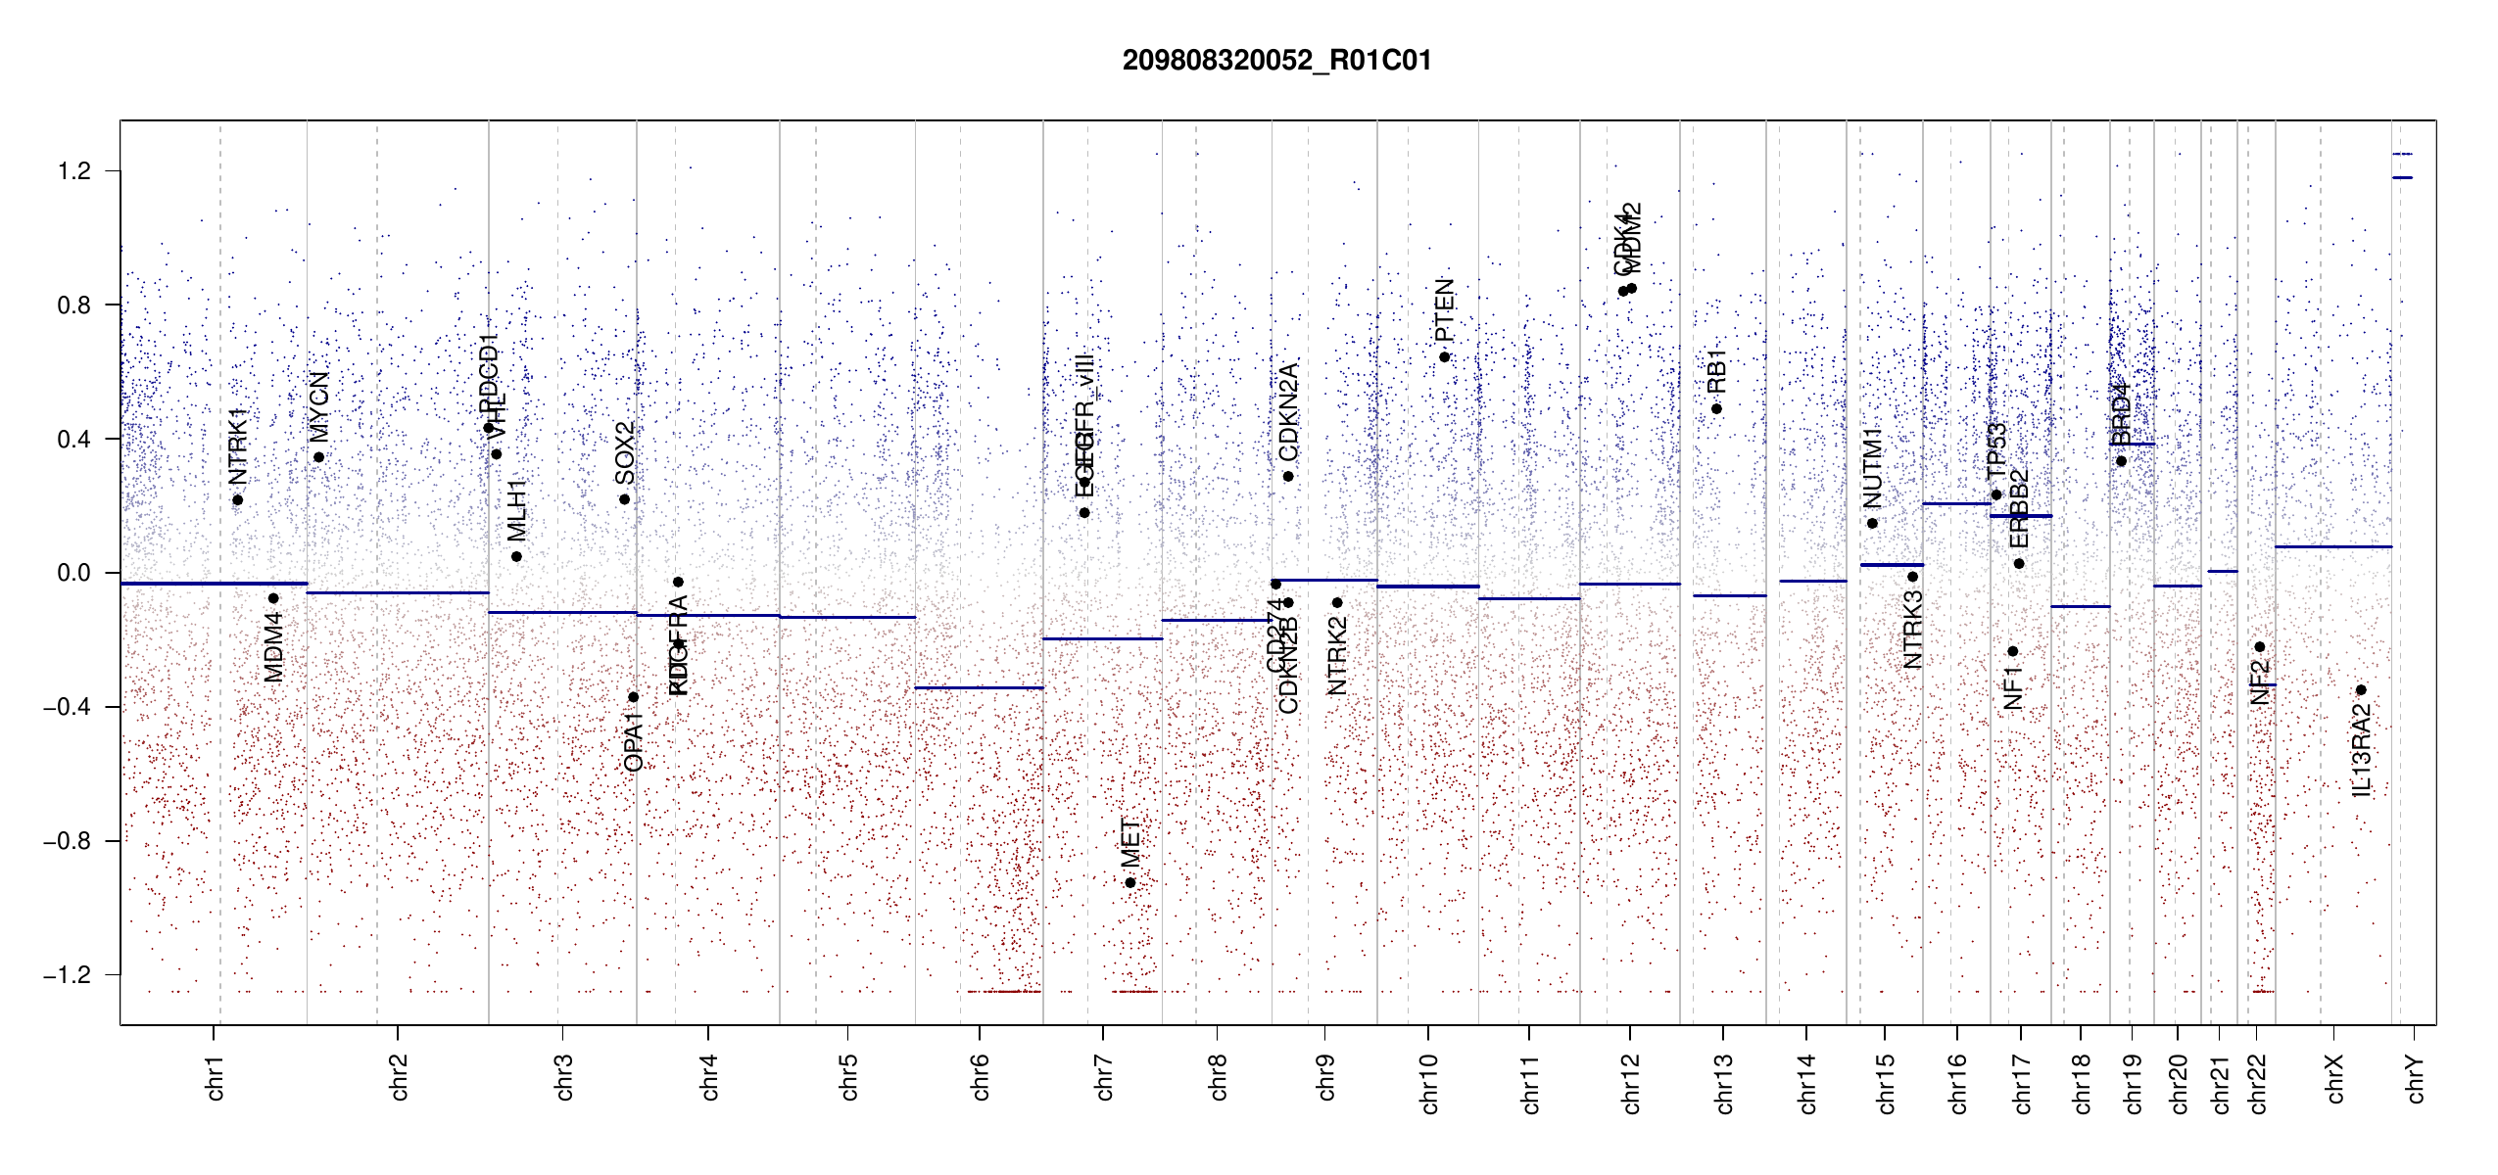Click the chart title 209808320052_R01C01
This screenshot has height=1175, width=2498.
click(x=1276, y=61)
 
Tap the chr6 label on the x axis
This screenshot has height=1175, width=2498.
click(x=980, y=1077)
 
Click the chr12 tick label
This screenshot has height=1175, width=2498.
click(x=1630, y=1083)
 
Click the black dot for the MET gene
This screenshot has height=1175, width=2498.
click(x=1130, y=883)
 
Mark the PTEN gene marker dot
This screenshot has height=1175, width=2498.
click(x=1444, y=357)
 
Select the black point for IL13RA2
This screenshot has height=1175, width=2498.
click(x=2361, y=690)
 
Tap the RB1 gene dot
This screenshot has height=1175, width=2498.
click(x=1717, y=409)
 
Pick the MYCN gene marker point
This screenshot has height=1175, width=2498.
click(x=318, y=457)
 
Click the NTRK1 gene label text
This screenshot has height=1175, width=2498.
click(x=238, y=446)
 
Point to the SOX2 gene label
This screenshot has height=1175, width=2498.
click(x=624, y=453)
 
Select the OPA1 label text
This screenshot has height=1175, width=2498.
click(x=634, y=742)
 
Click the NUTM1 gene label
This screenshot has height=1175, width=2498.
click(x=1872, y=468)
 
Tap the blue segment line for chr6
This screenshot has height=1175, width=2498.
click(x=979, y=688)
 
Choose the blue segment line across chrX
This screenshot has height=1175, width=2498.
click(x=2332, y=547)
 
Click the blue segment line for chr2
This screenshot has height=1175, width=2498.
click(x=398, y=592)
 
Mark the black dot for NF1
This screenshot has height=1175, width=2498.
click(x=2012, y=651)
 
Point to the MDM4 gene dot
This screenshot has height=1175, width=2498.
click(x=273, y=598)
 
